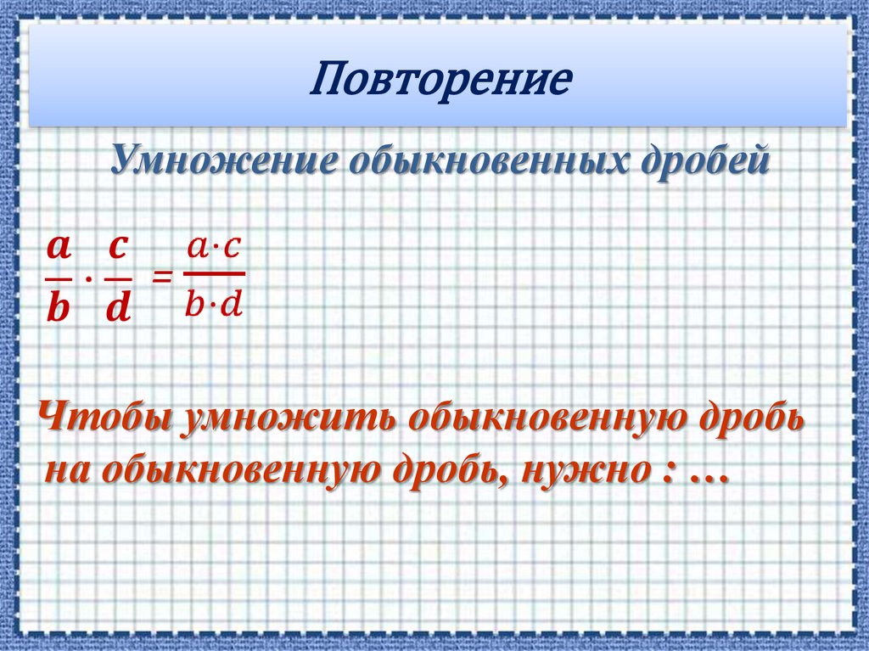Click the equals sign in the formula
161,277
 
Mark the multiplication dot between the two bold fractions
88,278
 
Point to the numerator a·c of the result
214,248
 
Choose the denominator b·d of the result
214,304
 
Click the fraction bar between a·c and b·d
214,274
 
